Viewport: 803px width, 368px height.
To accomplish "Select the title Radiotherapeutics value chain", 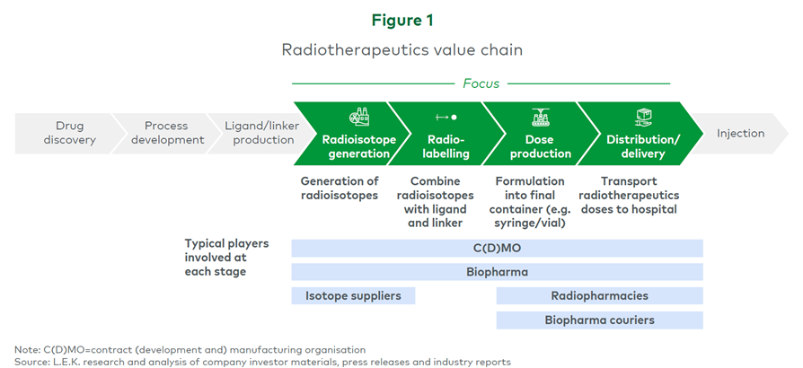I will tap(401, 50).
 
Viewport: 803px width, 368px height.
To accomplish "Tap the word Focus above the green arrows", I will tap(481, 83).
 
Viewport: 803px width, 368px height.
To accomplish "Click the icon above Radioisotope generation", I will tap(358, 117).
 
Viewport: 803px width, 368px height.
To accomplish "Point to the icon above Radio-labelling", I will tap(446, 117).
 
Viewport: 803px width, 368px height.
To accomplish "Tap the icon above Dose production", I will tap(541, 117).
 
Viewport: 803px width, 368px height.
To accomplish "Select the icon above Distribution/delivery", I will tap(642, 117).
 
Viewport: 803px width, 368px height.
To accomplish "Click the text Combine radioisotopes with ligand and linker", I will tap(435, 202).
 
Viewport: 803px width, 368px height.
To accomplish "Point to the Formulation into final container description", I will tap(530, 202).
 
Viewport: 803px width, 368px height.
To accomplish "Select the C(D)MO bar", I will tap(497, 247).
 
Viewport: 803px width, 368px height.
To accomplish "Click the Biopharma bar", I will tap(497, 271).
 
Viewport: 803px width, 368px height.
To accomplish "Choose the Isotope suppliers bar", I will tap(353, 295).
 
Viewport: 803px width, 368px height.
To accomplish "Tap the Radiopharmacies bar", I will tap(599, 295).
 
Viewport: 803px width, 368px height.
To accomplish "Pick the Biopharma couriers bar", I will tap(599, 320).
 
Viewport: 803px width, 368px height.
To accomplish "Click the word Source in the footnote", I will tap(33, 361).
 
